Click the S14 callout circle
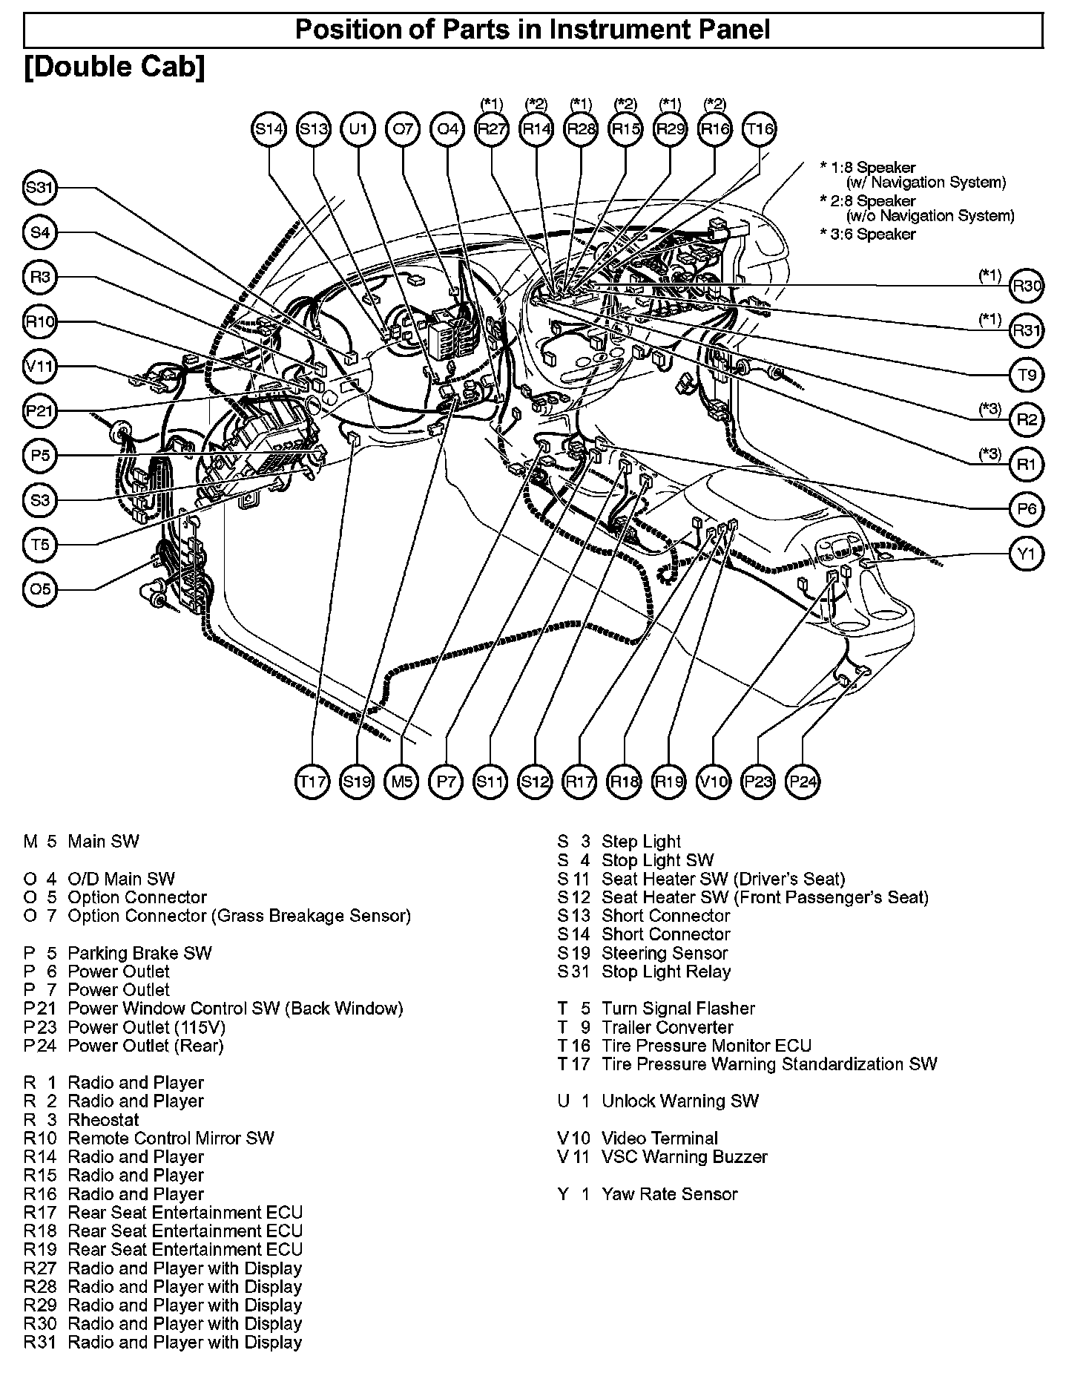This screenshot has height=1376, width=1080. tap(269, 129)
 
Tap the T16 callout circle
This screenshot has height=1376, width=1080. tap(760, 129)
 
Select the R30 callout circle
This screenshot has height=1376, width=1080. tap(1027, 286)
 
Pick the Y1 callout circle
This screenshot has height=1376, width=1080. tap(1027, 554)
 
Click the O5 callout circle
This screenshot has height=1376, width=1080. tap(39, 589)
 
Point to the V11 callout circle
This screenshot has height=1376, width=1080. tap(39, 367)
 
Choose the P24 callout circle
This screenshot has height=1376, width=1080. tap(803, 782)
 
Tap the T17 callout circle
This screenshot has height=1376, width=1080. tap(312, 782)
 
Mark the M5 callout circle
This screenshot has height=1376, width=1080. tap(401, 782)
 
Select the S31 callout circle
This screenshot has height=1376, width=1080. tap(39, 189)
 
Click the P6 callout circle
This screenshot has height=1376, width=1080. tap(1027, 509)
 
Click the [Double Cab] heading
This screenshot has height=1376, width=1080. tap(114, 67)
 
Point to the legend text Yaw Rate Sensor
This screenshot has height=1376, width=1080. tap(669, 1194)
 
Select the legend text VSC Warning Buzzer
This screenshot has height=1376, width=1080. tap(684, 1156)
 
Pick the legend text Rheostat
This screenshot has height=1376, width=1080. tap(103, 1119)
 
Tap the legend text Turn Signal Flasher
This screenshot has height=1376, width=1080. tap(678, 1009)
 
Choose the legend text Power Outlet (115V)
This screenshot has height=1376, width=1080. tap(146, 1027)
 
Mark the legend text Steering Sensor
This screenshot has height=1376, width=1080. tap(665, 953)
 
